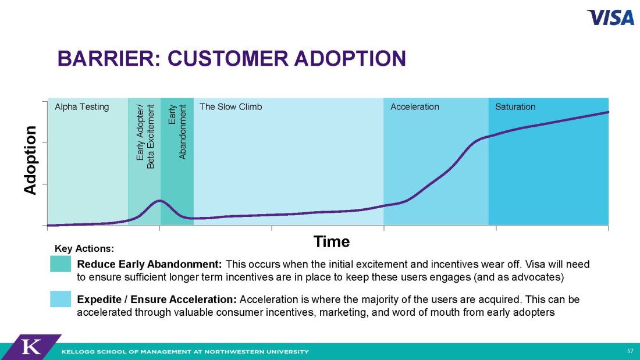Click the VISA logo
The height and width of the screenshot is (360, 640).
(x=610, y=17)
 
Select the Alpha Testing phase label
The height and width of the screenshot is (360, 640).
(x=81, y=107)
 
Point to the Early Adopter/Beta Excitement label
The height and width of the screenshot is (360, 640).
(x=145, y=136)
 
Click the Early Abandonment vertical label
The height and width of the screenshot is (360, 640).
(x=177, y=131)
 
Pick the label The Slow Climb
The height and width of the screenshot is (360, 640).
(x=230, y=107)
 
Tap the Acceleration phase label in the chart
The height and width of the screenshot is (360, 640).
(x=415, y=107)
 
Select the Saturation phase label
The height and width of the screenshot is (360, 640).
(x=515, y=107)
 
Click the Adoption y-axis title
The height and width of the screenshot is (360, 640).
(x=30, y=160)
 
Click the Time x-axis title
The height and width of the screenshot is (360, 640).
(x=332, y=241)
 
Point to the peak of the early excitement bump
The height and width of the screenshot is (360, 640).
(x=159, y=201)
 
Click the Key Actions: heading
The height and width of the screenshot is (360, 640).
(x=84, y=248)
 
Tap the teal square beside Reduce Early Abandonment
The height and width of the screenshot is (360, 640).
(x=61, y=263)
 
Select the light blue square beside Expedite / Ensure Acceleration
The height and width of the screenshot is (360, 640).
(x=61, y=299)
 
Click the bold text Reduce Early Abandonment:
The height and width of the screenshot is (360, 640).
(x=150, y=265)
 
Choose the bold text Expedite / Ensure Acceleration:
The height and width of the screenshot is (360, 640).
(x=157, y=300)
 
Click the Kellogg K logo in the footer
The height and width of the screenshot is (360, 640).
(x=31, y=347)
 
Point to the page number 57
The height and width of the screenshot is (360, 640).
(x=630, y=351)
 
